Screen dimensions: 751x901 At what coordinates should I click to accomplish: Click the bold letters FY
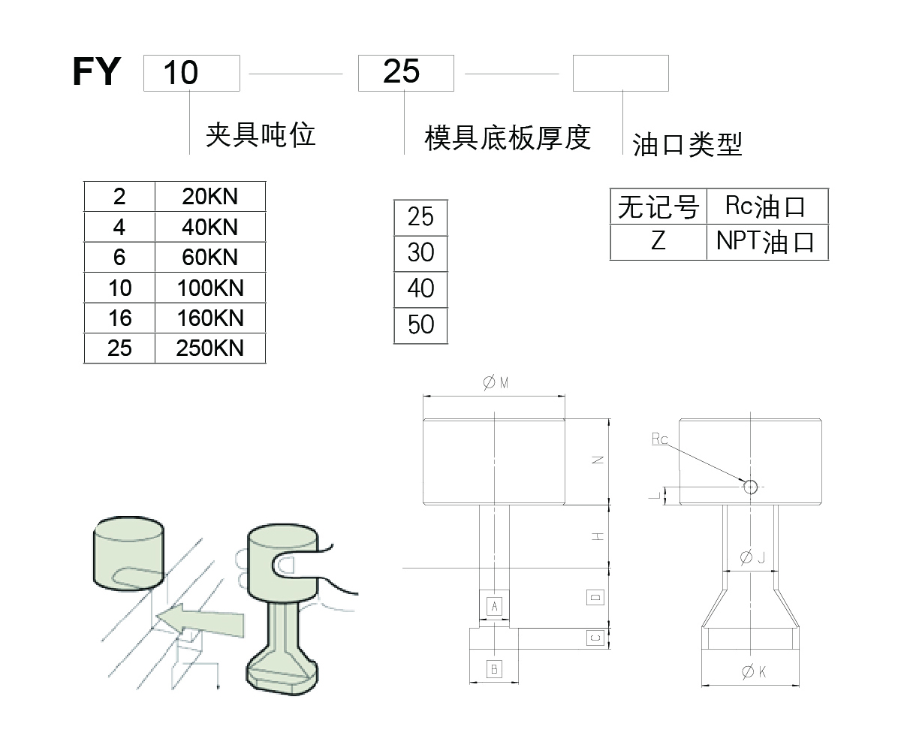coord(97,72)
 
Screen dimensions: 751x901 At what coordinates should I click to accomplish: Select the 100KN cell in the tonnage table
coord(210,288)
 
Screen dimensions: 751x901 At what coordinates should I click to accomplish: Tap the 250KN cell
coord(210,348)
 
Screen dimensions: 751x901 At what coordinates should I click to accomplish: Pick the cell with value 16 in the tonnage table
coord(119,318)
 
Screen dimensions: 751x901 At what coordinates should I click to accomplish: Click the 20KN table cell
coord(210,197)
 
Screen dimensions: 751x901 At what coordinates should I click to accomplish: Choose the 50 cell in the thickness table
coord(420,325)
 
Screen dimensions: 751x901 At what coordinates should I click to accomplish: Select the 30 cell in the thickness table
coord(420,253)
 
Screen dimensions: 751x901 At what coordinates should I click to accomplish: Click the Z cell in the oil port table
coord(658,242)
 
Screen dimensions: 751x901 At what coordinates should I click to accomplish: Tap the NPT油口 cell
coord(767,242)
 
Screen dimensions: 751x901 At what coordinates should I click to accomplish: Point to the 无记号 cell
coord(658,207)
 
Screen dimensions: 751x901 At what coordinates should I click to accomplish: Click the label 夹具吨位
coord(261,135)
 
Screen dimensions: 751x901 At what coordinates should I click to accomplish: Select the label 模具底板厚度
coord(508,138)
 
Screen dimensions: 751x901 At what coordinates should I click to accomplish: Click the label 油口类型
coord(687,144)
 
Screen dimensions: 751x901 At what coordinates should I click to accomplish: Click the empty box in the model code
coord(620,73)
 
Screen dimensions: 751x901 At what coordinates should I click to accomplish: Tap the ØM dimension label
coord(496,383)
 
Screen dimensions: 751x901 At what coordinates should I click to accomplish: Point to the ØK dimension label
coord(753,673)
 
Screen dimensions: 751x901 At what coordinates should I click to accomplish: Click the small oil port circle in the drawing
coord(750,486)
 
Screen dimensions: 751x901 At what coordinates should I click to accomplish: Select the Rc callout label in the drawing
coord(659,439)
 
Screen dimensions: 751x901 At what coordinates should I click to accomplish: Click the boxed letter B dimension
coord(494,668)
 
